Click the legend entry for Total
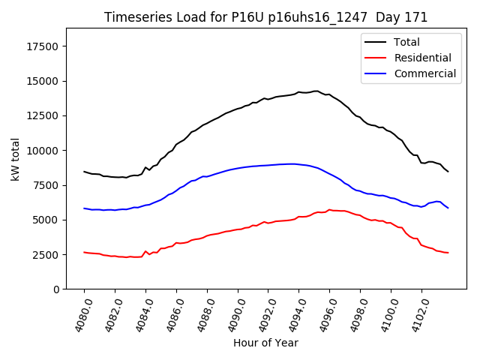pos(406,42)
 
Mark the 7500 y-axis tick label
pos(47,185)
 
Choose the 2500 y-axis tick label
pos(47,255)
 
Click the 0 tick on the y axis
pos(57,289)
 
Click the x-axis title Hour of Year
pos(265,343)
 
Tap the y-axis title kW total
pos(16,159)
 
